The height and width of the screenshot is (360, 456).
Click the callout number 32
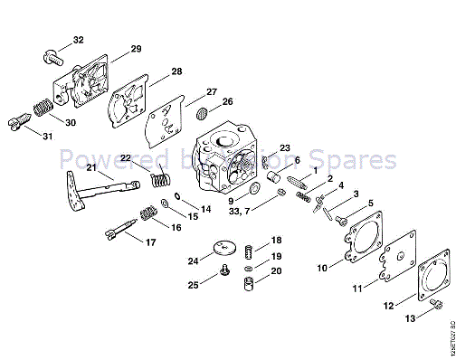tap(78, 40)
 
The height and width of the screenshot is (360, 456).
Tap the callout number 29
tap(136, 49)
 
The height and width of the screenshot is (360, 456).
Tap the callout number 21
tap(91, 168)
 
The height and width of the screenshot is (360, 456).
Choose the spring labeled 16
tap(146, 216)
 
